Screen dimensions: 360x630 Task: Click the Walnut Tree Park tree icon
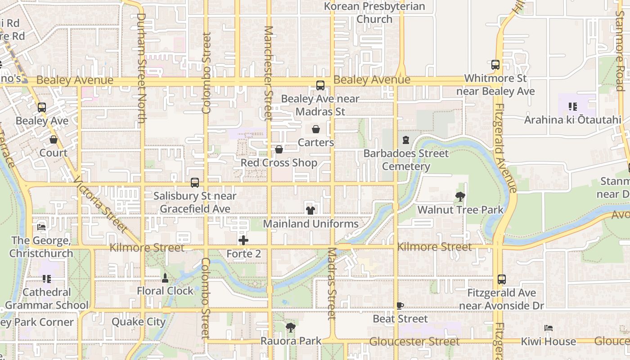[x=460, y=197]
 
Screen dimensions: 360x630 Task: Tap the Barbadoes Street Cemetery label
[x=406, y=160]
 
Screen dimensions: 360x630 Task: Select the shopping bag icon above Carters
[x=316, y=130]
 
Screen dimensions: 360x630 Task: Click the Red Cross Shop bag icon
[x=279, y=149]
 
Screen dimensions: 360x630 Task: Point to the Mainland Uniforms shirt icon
[x=310, y=210]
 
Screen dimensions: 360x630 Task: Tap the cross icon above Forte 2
[x=243, y=240]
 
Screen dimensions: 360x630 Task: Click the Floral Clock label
[x=165, y=291]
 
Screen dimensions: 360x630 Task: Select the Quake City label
[x=139, y=322]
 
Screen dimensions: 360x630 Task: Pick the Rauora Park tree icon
[x=291, y=328]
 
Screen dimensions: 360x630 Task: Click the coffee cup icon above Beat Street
[x=400, y=306]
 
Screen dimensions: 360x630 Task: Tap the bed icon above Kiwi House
[x=548, y=328]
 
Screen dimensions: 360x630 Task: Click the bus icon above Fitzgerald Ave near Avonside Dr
[x=502, y=279]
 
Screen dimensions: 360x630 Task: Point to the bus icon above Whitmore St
[x=495, y=65]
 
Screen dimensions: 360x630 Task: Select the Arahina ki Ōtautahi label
[x=572, y=120]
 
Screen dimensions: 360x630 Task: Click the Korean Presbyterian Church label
[x=374, y=13]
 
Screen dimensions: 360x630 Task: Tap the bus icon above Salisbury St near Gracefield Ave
[x=195, y=183]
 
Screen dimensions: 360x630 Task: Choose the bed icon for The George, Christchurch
[x=41, y=227]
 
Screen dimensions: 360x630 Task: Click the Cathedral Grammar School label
[x=47, y=298]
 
